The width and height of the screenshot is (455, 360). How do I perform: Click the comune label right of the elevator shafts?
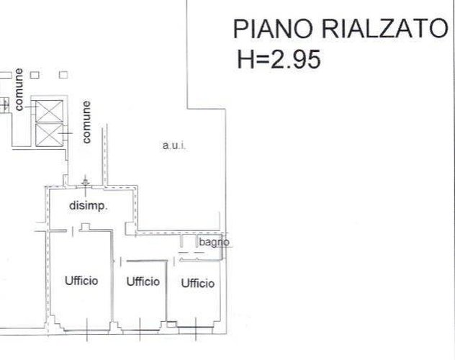[x=87, y=122]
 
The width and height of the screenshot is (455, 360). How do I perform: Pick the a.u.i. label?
[x=174, y=146]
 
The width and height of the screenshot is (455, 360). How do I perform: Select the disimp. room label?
[x=89, y=206]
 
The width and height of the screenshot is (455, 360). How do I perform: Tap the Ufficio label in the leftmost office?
[x=81, y=281]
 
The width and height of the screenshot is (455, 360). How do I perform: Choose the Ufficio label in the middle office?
[x=143, y=282]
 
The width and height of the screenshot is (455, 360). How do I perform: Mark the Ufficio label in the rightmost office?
[x=197, y=284]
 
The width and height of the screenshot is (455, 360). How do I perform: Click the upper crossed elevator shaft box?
[x=50, y=112]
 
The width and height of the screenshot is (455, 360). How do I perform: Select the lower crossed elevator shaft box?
[x=50, y=135]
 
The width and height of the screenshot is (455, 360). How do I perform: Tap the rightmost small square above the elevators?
[x=63, y=74]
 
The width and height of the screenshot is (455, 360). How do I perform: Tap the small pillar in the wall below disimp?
[x=85, y=228]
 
